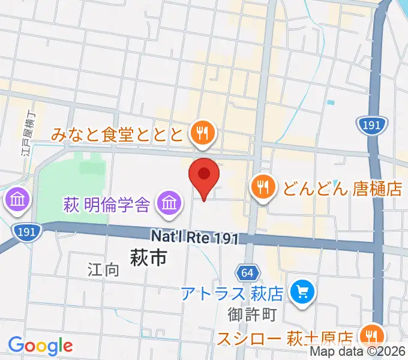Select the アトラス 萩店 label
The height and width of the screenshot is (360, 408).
pos(233,294)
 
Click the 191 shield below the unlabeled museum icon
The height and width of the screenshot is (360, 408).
pos(28,230)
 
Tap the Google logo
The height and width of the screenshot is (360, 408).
pos(40,345)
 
